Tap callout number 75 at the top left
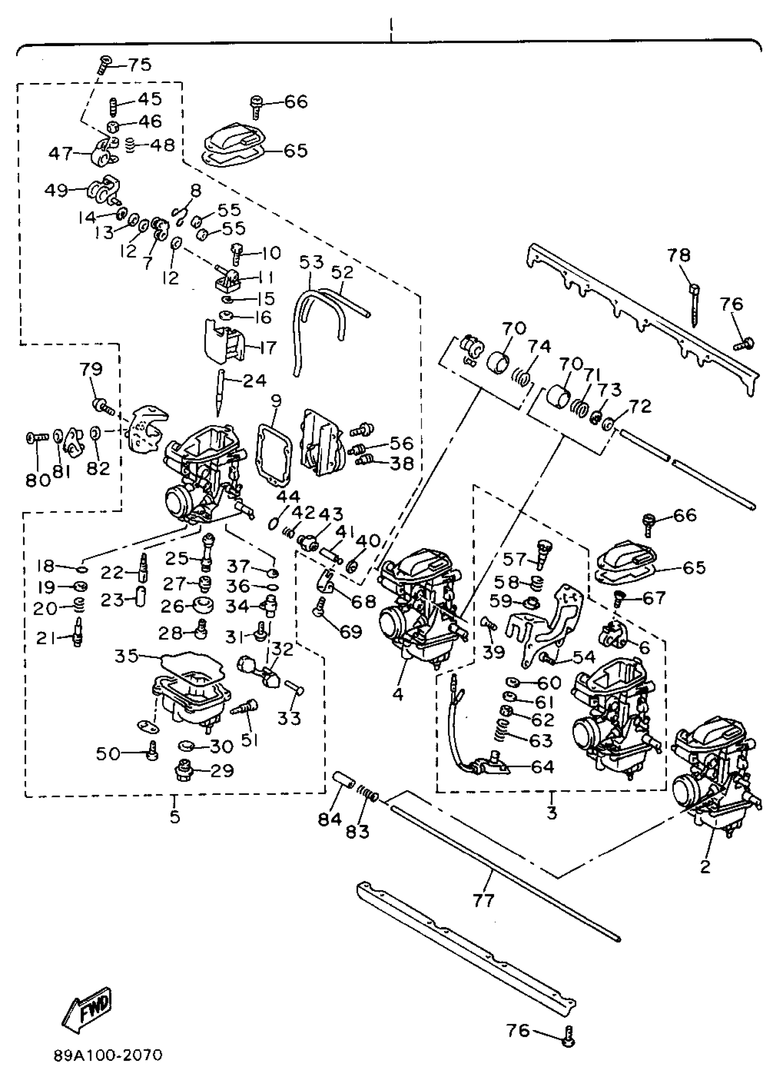pyautogui.click(x=139, y=64)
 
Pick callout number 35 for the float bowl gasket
pyautogui.click(x=127, y=655)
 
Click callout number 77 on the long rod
pyautogui.click(x=484, y=900)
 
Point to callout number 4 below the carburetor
pyautogui.click(x=398, y=694)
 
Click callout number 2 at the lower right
pyautogui.click(x=705, y=866)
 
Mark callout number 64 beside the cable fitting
pyautogui.click(x=542, y=767)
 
